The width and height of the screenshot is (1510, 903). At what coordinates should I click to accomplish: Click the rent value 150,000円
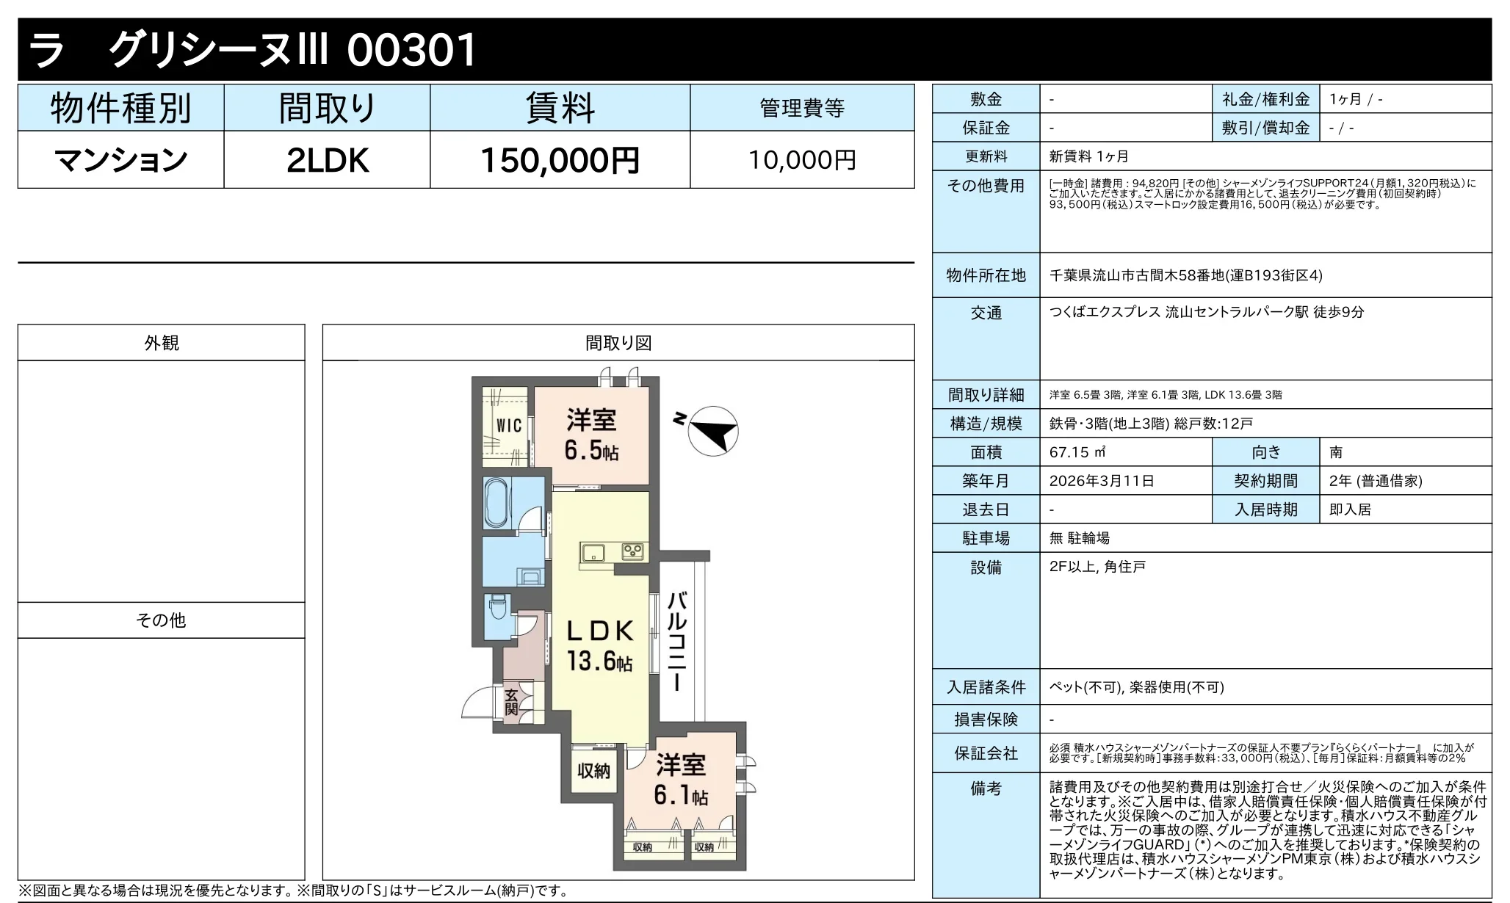click(560, 160)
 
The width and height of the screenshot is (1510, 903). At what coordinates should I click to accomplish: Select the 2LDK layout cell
click(327, 160)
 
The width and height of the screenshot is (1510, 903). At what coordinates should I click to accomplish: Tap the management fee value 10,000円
click(802, 160)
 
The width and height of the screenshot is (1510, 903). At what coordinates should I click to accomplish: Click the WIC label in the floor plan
click(509, 425)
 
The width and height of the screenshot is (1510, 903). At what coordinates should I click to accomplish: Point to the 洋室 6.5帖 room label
click(591, 435)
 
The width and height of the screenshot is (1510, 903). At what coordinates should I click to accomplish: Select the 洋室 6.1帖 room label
click(681, 779)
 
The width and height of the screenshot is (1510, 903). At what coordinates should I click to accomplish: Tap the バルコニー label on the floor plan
click(677, 641)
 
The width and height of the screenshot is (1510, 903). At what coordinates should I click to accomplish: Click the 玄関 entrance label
click(511, 702)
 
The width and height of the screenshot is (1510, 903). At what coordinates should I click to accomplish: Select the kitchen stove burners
click(632, 551)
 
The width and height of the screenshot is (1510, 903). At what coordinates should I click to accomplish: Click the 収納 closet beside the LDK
click(593, 771)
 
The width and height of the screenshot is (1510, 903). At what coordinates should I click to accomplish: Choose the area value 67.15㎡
click(1078, 452)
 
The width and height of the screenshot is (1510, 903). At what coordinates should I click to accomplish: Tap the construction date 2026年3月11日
click(1102, 481)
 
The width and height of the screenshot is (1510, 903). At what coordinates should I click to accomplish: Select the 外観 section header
click(162, 343)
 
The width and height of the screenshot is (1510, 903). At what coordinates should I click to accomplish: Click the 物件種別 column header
click(121, 108)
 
